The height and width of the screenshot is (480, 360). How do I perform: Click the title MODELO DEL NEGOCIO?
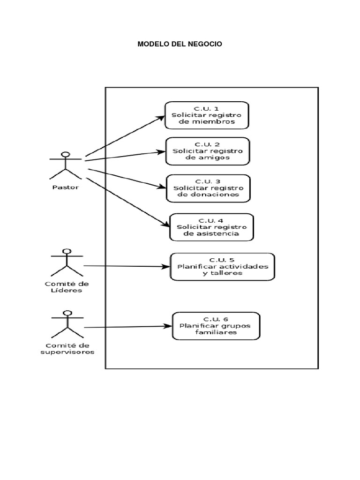point(180,44)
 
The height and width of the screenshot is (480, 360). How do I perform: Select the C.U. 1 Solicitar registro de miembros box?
point(207,115)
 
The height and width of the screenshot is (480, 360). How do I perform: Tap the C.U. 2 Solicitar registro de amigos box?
point(207,151)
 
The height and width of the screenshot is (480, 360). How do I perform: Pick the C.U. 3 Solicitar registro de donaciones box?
point(209,188)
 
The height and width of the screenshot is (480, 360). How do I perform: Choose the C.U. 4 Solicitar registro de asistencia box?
point(211,227)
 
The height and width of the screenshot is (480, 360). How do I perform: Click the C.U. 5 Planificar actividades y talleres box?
point(222,266)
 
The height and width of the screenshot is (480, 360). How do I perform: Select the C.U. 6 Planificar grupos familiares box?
point(216,325)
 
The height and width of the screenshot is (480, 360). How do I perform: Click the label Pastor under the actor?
point(66,187)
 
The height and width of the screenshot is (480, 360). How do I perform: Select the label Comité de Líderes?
point(67,286)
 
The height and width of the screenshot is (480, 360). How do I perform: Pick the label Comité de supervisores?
point(67,348)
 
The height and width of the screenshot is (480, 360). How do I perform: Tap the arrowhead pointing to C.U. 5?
point(166,267)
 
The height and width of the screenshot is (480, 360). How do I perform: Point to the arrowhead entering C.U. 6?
point(168,326)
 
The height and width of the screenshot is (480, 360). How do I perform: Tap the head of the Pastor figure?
point(66,155)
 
